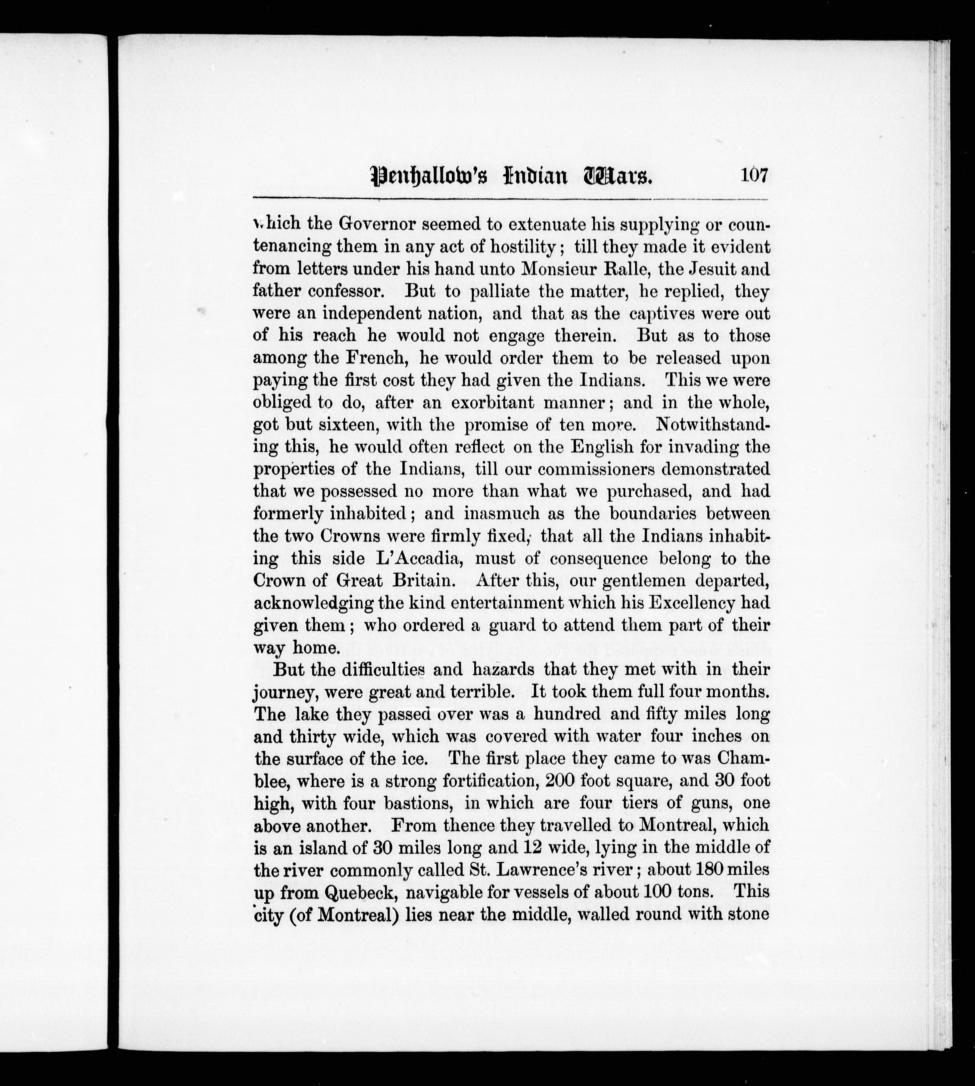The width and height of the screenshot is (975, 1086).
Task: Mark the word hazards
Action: tap(503, 669)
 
